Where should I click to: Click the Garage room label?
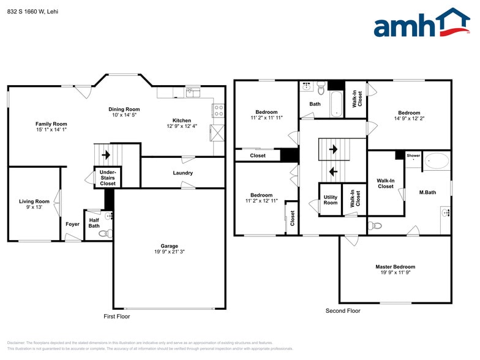pyautogui.click(x=169, y=246)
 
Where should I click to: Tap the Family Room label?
pyautogui.click(x=51, y=124)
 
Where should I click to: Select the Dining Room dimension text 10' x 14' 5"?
pyautogui.click(x=124, y=115)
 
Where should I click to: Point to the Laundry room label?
pyautogui.click(x=182, y=173)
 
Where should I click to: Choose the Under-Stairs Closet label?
pyautogui.click(x=108, y=178)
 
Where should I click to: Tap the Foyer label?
pyautogui.click(x=72, y=224)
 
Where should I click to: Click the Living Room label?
pyautogui.click(x=34, y=201)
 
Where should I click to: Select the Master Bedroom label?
pyautogui.click(x=395, y=267)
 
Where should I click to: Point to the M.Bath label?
pyautogui.click(x=427, y=193)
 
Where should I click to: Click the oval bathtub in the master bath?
pyautogui.click(x=436, y=161)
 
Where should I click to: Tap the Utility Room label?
pyautogui.click(x=330, y=200)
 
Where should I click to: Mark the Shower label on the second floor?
pyautogui.click(x=413, y=156)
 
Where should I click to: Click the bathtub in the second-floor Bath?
pyautogui.click(x=336, y=105)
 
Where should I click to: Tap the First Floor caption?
pyautogui.click(x=116, y=317)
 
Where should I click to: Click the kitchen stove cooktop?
pyautogui.click(x=217, y=110)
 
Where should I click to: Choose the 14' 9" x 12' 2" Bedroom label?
pyautogui.click(x=409, y=113)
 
